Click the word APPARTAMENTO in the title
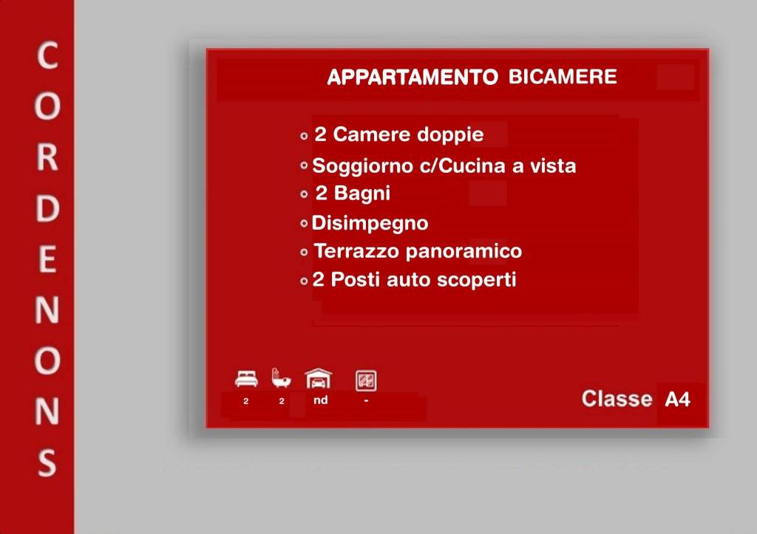412,78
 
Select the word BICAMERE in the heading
563,77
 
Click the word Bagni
362,194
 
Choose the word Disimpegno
370,223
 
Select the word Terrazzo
356,251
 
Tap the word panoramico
464,251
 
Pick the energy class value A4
677,400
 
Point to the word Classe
617,399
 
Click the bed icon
246,379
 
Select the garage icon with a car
319,379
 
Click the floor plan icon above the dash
366,380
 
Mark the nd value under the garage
321,400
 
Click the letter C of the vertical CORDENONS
47,57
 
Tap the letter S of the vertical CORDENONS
47,463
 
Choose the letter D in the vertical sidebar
47,210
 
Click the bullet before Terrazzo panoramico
304,253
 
